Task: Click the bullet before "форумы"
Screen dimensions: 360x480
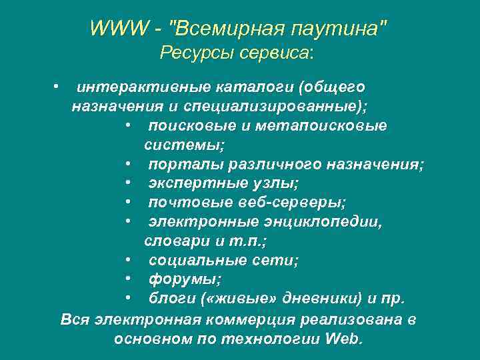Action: tap(127, 279)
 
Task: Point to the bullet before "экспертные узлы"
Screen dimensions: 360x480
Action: tap(127, 183)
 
